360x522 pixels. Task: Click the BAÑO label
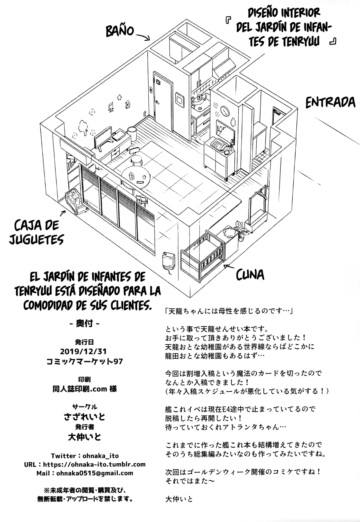click(x=120, y=31)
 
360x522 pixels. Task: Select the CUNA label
click(x=250, y=274)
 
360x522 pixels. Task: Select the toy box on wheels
click(x=76, y=200)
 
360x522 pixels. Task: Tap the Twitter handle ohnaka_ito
click(x=101, y=456)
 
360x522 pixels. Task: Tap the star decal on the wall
click(x=120, y=97)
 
